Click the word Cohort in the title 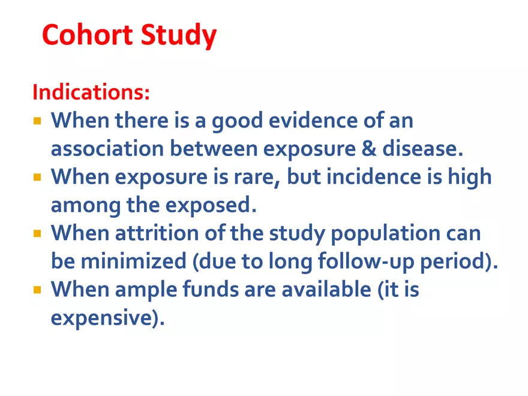[x=87, y=34]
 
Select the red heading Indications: [x=91, y=92]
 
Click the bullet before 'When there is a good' [x=37, y=121]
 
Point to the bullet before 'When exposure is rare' [x=37, y=177]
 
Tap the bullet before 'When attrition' [x=37, y=233]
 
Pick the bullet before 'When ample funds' [x=37, y=290]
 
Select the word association [x=107, y=149]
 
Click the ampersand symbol [x=369, y=149]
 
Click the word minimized [x=133, y=261]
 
